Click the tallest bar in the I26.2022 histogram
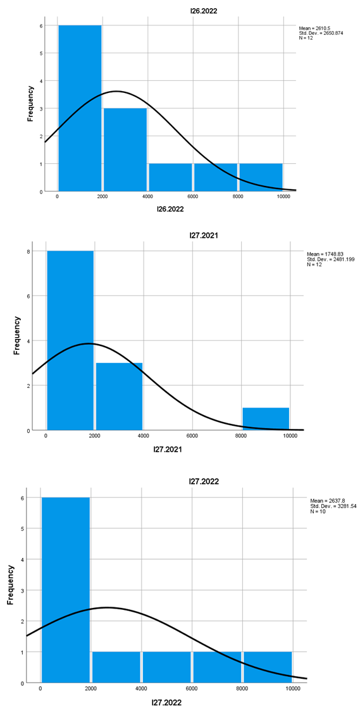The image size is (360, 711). tap(80, 108)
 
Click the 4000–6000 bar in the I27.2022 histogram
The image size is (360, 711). tap(166, 667)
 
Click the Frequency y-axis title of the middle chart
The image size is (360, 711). tap(18, 340)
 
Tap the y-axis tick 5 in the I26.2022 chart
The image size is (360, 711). tap(42, 53)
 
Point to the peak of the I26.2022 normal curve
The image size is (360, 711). tap(116, 91)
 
